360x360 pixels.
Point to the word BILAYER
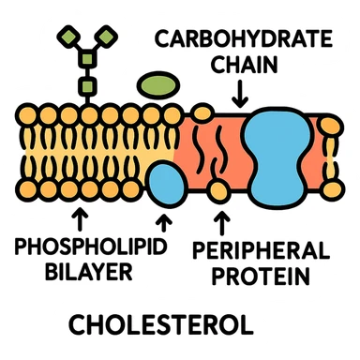[75, 275]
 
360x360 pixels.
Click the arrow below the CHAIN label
[240, 91]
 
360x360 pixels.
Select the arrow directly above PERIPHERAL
[221, 222]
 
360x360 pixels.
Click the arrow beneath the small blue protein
[166, 223]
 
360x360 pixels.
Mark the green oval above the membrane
[157, 85]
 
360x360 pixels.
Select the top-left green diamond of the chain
[67, 37]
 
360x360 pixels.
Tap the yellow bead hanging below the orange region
[219, 193]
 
